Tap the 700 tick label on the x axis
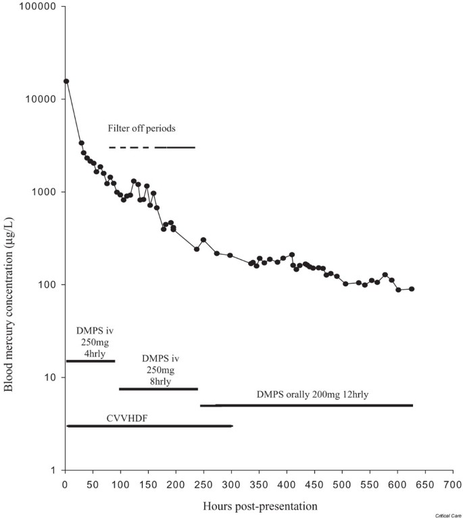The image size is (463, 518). click(453, 484)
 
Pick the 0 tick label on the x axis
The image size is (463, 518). click(65, 484)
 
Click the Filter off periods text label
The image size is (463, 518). click(143, 128)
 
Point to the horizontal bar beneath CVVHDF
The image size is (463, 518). click(149, 426)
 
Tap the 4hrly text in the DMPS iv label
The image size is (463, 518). click(90, 353)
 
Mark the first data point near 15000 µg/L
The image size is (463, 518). click(66, 81)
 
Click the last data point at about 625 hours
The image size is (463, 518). click(412, 289)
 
